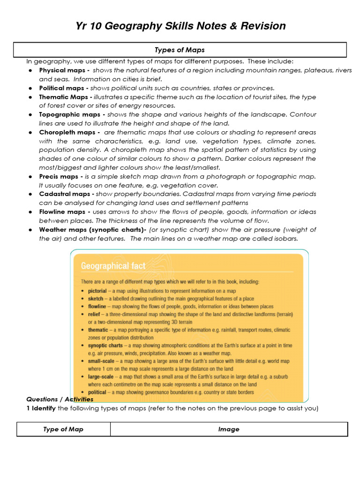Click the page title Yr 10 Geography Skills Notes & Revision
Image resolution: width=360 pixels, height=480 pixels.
pyautogui.click(x=180, y=26)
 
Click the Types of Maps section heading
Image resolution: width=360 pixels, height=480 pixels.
pyautogui.click(x=180, y=50)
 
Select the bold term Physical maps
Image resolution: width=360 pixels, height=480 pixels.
pyautogui.click(x=62, y=70)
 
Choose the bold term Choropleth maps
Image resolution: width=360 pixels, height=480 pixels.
pyautogui.click(x=66, y=132)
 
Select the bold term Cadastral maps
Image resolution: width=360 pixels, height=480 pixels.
pyautogui.click(x=65, y=194)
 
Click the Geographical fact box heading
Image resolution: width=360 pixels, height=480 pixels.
pyautogui.click(x=113, y=266)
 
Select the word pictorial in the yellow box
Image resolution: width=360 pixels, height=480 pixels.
pyautogui.click(x=97, y=291)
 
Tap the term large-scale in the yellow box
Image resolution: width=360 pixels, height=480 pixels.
pyautogui.click(x=101, y=376)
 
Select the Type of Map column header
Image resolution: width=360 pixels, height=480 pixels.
pyautogui.click(x=63, y=429)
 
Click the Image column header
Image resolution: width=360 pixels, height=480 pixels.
pyautogui.click(x=229, y=429)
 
